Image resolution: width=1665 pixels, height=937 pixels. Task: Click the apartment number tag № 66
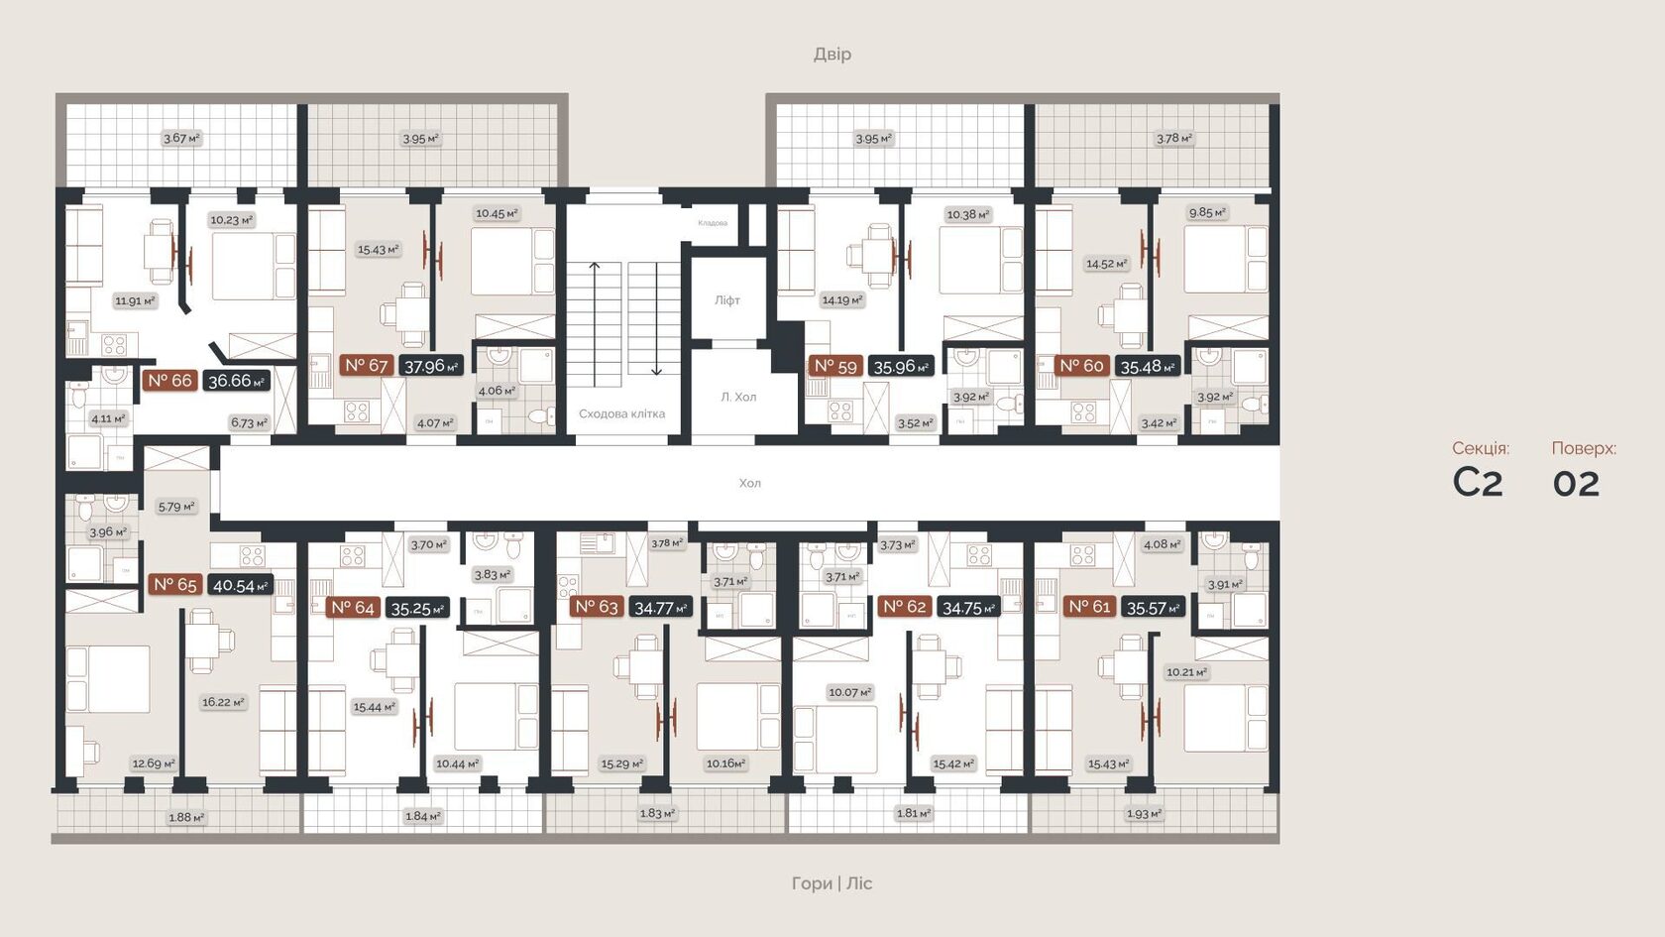[x=169, y=381]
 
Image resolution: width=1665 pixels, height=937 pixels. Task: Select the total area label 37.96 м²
[x=431, y=366]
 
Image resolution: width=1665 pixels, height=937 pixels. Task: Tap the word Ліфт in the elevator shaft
[x=727, y=300]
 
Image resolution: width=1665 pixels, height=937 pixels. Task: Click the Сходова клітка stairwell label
[x=621, y=413]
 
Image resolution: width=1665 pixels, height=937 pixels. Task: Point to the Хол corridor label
[x=749, y=483]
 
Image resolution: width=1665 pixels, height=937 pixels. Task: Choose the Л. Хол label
[x=738, y=397]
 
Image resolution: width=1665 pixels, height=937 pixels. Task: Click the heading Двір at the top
[x=832, y=54]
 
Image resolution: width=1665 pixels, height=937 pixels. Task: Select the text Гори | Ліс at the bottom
[x=832, y=882]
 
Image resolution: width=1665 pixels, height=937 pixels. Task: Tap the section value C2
[x=1478, y=483]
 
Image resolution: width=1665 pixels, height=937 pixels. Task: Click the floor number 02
[x=1576, y=484]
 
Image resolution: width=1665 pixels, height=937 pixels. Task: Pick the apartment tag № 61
[x=1089, y=607]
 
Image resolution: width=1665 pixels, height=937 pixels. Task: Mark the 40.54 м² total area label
[x=240, y=586]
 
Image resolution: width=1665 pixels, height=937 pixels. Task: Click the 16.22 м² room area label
[x=223, y=702]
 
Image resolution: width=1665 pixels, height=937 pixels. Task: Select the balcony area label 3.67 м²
[x=181, y=139]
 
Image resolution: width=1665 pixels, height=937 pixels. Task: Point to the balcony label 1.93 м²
[x=1144, y=814]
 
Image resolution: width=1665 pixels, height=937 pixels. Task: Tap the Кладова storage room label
[x=713, y=223]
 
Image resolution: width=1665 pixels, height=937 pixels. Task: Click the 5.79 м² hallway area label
[x=176, y=507]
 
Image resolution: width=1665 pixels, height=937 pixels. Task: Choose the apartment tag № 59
[x=834, y=366]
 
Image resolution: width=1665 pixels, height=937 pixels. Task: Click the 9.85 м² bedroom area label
[x=1207, y=212]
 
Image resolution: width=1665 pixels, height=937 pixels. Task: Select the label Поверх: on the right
[x=1583, y=448]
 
